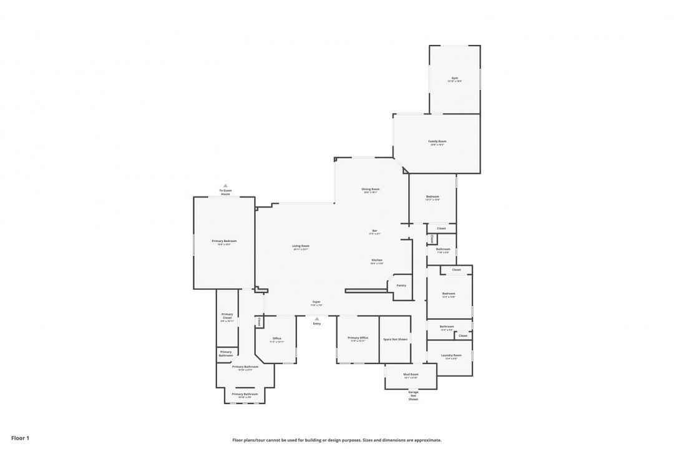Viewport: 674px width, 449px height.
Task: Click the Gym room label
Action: (x=455, y=79)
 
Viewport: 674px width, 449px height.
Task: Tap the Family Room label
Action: (x=437, y=142)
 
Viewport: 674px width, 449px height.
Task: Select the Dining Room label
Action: (x=371, y=190)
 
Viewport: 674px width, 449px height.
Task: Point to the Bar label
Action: (x=374, y=231)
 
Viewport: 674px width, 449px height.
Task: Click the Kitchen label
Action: (x=377, y=260)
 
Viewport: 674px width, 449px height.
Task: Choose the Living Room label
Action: (x=301, y=246)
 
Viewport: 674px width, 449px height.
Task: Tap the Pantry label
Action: (x=401, y=286)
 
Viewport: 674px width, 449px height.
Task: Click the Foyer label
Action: (x=317, y=303)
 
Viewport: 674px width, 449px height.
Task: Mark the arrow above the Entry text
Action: (x=317, y=319)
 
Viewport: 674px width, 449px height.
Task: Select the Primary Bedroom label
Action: (x=224, y=241)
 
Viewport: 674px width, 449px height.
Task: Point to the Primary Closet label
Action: (x=227, y=317)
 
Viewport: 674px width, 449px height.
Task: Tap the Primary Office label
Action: (x=359, y=338)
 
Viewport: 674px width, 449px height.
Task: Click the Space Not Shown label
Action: (x=395, y=339)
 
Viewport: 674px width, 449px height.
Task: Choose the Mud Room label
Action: (x=411, y=375)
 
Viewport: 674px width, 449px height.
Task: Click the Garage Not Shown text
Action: (x=413, y=396)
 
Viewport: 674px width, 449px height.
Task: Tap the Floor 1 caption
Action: (x=20, y=438)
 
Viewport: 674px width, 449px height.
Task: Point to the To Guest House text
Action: (x=225, y=192)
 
